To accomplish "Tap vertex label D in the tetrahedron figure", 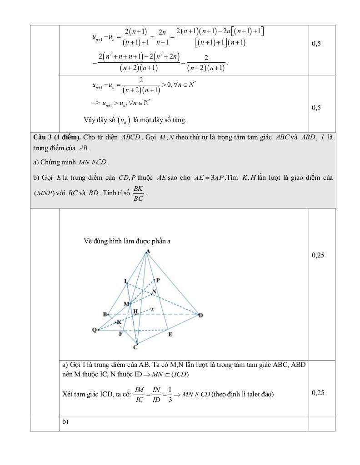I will click(200, 315).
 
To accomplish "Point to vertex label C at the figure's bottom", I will click(135, 347).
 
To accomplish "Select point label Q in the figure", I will click(94, 330).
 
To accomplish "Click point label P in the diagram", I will click(157, 280).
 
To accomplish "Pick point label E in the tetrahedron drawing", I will click(170, 334).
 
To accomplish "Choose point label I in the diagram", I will click(125, 281).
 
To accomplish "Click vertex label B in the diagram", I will click(105, 314).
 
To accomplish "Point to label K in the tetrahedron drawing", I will click(119, 322).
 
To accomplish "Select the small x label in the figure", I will click(153, 309).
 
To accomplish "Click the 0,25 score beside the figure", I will click(318, 255).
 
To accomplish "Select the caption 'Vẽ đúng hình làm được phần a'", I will click(127, 242).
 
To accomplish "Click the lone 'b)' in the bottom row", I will click(65, 422).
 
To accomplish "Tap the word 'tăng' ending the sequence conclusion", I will click(180, 120).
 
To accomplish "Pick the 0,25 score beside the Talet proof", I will click(318, 393).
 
